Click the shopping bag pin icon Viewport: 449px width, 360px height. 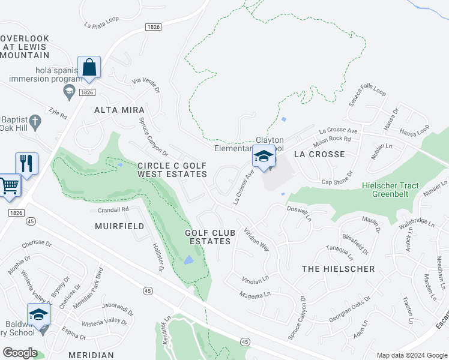89,67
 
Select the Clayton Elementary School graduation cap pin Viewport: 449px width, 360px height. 263,157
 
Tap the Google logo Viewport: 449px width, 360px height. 19,352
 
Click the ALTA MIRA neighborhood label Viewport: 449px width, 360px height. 119,110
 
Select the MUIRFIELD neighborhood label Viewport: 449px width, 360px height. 119,226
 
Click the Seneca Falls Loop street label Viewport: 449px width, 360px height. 367,97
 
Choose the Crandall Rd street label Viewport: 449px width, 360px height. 113,209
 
